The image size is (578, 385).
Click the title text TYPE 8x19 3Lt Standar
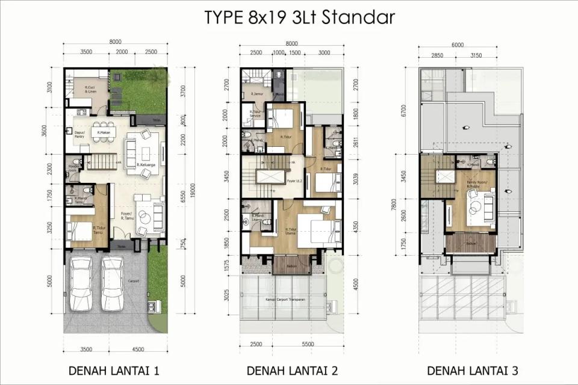tap(300, 17)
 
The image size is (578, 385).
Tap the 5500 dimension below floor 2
tap(308, 343)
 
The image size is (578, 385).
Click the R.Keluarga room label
tap(146, 164)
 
